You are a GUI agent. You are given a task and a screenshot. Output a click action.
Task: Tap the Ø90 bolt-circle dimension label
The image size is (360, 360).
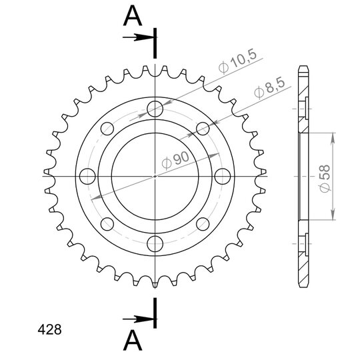[175, 159]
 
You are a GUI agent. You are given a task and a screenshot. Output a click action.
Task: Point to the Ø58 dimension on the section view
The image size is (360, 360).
[325, 179]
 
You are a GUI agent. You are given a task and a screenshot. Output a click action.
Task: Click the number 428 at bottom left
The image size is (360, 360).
[49, 330]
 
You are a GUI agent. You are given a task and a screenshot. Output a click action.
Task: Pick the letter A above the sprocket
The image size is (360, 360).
[133, 16]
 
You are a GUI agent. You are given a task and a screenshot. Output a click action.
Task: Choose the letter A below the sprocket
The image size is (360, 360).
[133, 341]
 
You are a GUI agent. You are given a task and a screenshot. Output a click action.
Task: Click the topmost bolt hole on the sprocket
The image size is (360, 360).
[155, 109]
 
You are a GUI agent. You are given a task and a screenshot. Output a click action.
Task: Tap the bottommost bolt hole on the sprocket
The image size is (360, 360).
[155, 243]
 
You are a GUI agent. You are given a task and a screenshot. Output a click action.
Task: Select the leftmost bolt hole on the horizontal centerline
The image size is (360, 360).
[87, 176]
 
